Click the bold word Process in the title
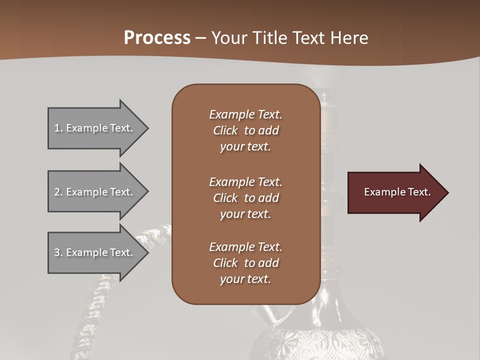pos(157,38)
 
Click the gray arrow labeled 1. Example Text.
pos(95,128)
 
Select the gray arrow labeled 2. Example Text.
pos(95,192)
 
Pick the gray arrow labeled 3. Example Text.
pos(95,252)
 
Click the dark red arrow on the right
pos(395,192)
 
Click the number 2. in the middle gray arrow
pos(58,192)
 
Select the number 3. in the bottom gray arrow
pos(58,252)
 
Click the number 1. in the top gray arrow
pos(58,128)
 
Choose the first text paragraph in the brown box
pos(245,130)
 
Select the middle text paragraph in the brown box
pos(245,197)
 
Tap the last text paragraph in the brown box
pos(245,263)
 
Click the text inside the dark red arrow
pos(397,192)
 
